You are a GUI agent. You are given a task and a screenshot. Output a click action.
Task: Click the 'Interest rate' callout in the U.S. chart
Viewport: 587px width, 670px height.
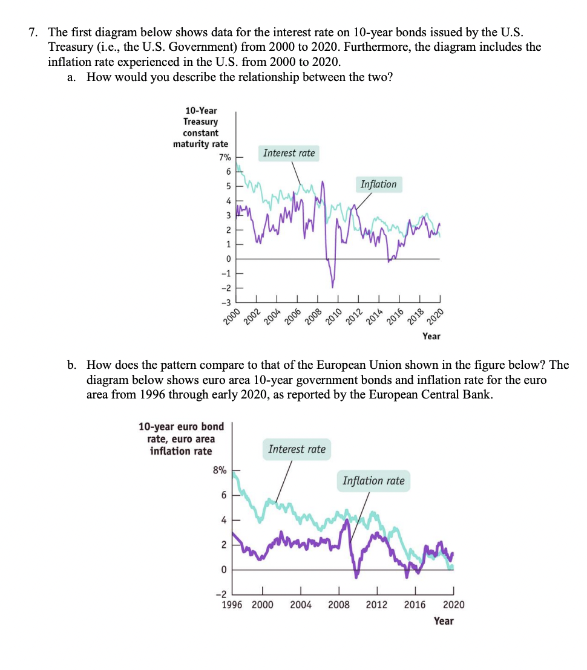click(289, 153)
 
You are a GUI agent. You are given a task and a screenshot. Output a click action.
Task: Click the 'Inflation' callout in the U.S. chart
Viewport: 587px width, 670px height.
click(378, 184)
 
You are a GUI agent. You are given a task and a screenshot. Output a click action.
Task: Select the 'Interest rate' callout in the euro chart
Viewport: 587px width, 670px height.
click(297, 449)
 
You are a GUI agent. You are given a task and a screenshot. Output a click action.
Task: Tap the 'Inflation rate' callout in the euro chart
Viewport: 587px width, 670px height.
click(373, 481)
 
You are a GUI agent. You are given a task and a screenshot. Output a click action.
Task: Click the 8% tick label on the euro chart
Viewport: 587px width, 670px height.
click(219, 470)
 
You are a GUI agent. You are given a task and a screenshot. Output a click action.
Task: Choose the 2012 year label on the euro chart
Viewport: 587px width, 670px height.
click(377, 605)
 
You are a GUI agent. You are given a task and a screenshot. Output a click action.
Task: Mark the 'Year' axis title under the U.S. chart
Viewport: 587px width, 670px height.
click(431, 336)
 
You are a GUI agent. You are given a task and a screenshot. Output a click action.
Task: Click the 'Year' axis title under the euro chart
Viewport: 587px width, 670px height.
click(444, 621)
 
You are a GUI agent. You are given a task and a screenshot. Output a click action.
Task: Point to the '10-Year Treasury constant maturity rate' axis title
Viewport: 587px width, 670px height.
click(201, 128)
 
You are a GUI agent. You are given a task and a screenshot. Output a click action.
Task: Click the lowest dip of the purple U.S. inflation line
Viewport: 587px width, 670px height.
click(332, 286)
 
